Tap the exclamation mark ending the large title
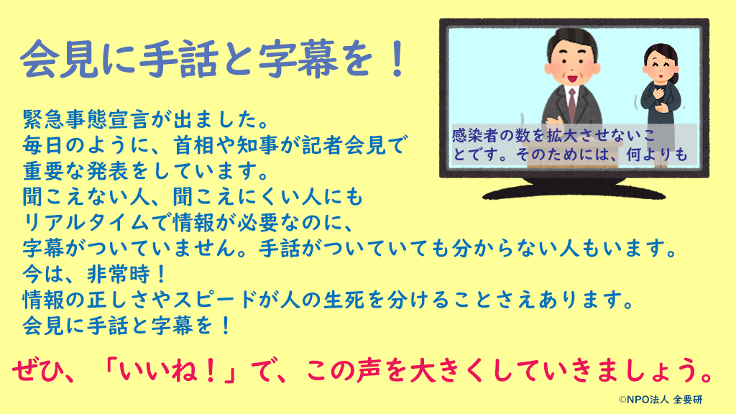tap(398, 59)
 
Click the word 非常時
tap(119, 274)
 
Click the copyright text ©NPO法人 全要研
tap(661, 400)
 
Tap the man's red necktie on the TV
tap(572, 103)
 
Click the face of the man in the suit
tap(573, 64)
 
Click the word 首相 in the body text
tap(194, 145)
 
